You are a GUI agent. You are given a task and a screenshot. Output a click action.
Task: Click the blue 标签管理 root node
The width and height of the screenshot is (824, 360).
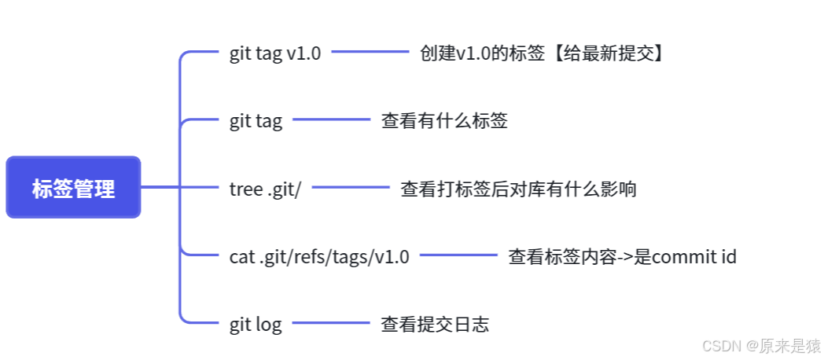(x=73, y=188)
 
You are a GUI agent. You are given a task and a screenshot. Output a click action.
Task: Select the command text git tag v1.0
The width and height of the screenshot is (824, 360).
(x=275, y=54)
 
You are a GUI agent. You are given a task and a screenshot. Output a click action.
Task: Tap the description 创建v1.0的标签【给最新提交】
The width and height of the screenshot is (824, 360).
(x=542, y=54)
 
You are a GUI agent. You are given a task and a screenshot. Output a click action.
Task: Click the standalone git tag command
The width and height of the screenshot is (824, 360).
(x=256, y=121)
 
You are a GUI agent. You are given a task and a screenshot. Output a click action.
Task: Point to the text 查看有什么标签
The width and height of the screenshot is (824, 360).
(x=444, y=121)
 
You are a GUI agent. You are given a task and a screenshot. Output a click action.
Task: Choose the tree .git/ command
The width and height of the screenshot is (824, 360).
(x=265, y=189)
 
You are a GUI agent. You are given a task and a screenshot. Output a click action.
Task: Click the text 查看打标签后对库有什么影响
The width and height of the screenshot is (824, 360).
(x=518, y=189)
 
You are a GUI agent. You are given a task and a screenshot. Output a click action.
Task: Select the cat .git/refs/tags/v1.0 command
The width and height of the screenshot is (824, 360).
(x=319, y=256)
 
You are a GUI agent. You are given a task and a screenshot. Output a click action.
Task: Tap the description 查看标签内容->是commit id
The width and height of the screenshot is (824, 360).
(x=622, y=256)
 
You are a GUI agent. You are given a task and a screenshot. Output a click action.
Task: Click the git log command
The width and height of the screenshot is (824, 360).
(x=256, y=324)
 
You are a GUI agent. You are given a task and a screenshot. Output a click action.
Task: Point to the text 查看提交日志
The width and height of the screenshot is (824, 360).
(x=435, y=324)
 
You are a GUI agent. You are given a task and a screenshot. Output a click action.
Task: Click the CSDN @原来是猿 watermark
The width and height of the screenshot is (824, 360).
(x=760, y=346)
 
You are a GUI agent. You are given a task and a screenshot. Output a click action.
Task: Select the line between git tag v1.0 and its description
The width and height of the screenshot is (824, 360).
(x=370, y=53)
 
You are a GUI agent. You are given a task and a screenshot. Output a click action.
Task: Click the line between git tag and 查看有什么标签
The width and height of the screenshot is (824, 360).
(x=331, y=119)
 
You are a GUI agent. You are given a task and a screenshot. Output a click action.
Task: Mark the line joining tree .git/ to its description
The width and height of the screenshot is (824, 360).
(x=351, y=188)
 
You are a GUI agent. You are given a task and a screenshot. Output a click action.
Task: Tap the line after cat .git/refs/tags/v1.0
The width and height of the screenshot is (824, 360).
(x=458, y=255)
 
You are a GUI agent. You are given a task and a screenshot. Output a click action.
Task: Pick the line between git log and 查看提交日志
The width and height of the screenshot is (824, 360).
(x=331, y=322)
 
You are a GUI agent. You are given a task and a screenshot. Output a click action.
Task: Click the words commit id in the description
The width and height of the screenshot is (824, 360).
(x=694, y=256)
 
